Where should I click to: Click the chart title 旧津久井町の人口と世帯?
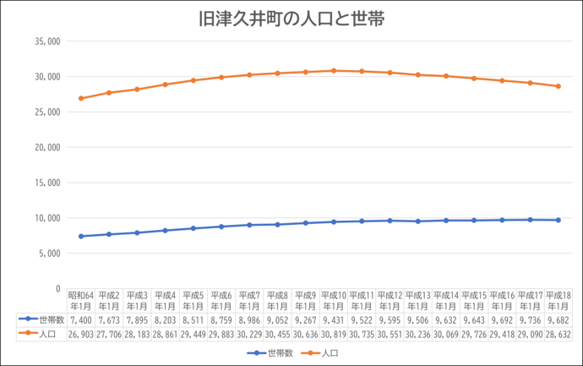point(291,19)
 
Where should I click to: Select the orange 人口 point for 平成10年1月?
point(334,71)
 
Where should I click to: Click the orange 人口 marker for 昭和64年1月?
point(81,98)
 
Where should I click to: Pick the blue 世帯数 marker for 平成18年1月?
point(558,220)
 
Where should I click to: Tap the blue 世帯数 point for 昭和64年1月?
point(81,236)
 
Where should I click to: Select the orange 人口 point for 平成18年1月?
point(558,86)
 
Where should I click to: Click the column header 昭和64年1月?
point(81,300)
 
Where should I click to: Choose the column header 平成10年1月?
point(334,300)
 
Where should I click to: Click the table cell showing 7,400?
point(81,320)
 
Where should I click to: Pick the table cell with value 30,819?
point(334,334)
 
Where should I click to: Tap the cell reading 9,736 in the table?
point(530,320)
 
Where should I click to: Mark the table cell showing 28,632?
point(558,334)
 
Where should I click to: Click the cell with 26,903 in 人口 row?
point(81,334)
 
